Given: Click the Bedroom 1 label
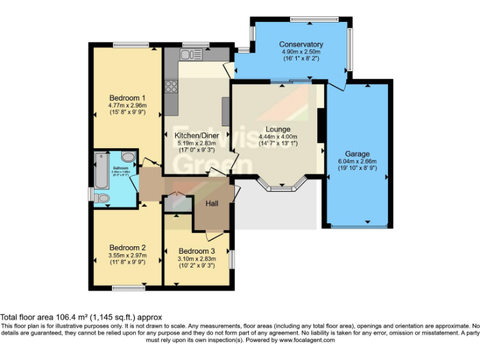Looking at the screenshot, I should pos(127,98).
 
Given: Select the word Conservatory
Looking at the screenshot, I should pos(301,44).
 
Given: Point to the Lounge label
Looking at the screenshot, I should pos(277,129).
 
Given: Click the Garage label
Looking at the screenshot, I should pos(357,154).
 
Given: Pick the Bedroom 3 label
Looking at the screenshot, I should pos(196,251).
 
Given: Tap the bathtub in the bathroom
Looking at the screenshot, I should pos(101,168).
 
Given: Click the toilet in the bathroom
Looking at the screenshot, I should pos(104,199).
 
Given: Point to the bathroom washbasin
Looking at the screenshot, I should pos(127,157).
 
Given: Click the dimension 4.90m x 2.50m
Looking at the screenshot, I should pos(301,52).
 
